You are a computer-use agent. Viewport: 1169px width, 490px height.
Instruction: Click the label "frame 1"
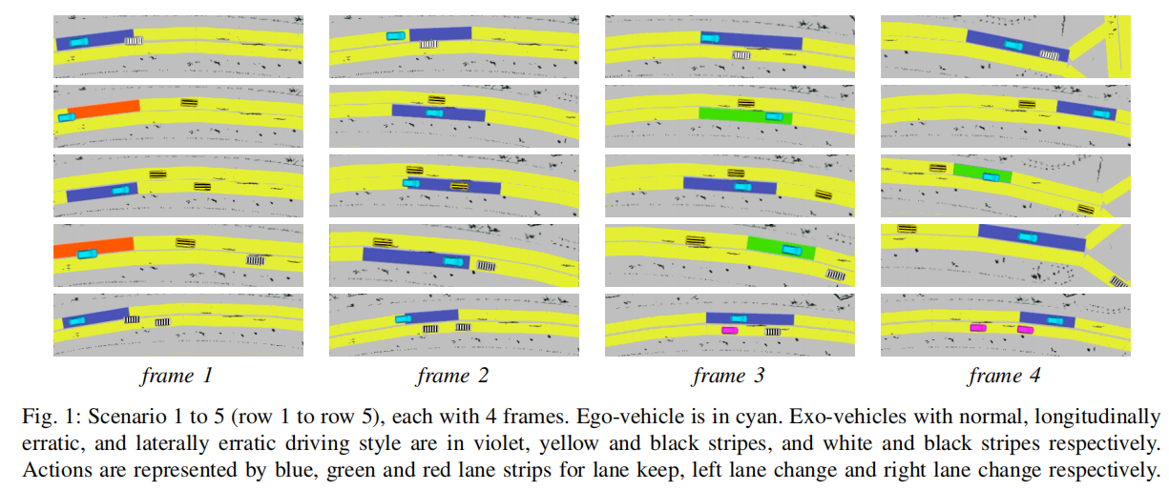(x=177, y=376)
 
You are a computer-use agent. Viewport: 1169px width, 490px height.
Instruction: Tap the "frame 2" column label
(x=452, y=376)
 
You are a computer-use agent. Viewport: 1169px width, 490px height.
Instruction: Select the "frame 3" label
(x=728, y=376)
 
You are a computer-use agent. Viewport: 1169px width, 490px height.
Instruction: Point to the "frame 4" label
(x=1005, y=376)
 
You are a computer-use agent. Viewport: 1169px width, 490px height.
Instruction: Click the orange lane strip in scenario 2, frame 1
(x=104, y=109)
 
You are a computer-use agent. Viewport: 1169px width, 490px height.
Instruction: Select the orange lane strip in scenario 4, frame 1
(x=94, y=247)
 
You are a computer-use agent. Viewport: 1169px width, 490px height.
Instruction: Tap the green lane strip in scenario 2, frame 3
(x=745, y=115)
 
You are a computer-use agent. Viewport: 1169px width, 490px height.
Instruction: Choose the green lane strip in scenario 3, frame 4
(x=982, y=174)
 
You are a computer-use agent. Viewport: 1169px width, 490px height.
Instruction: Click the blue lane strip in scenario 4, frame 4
(x=1032, y=237)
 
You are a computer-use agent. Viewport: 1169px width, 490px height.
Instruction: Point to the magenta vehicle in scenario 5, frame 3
(x=730, y=331)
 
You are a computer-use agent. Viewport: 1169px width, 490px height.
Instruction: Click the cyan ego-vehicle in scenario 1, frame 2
(x=396, y=36)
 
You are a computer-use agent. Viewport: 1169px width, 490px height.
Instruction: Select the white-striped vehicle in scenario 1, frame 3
(x=741, y=54)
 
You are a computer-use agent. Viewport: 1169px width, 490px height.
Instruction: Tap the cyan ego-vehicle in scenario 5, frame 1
(x=77, y=320)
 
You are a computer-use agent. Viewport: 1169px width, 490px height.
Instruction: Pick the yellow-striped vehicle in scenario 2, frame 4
(x=1027, y=104)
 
